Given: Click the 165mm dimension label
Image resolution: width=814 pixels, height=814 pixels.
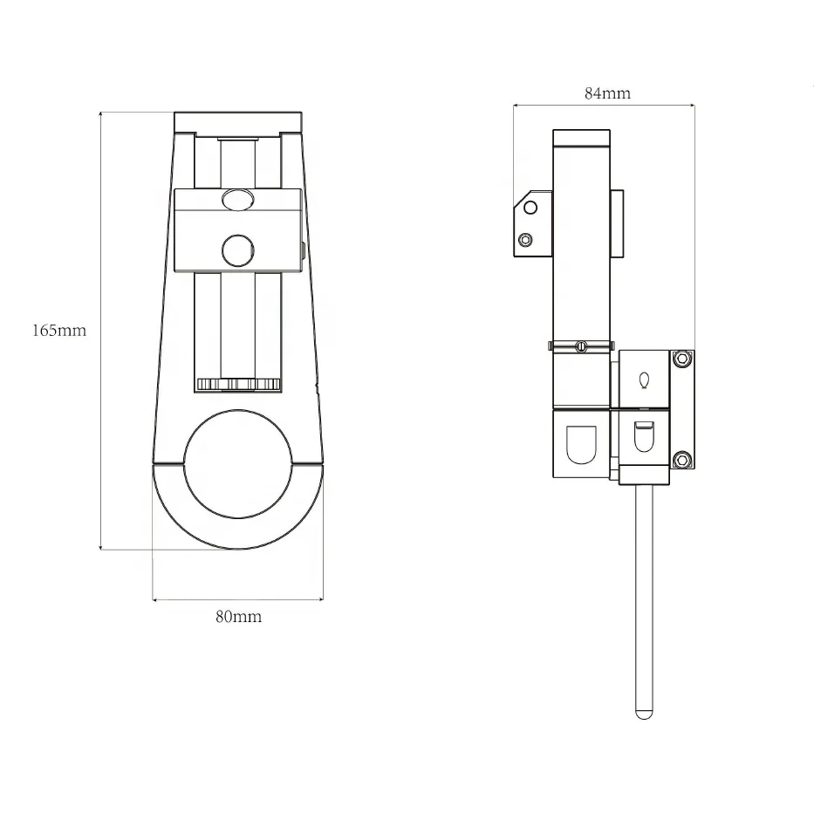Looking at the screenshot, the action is [x=59, y=331].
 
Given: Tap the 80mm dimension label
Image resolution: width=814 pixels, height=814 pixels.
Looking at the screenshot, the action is [x=239, y=617].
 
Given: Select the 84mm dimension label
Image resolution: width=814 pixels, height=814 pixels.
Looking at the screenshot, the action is [x=608, y=93].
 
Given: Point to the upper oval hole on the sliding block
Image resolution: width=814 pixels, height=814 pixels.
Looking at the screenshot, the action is [x=238, y=199].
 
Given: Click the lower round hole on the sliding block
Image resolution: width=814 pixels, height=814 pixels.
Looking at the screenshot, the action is [x=238, y=250].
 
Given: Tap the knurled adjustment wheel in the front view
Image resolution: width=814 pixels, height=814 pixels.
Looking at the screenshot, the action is [x=239, y=385].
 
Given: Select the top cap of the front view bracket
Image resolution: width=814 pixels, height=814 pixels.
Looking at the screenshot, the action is [x=238, y=122].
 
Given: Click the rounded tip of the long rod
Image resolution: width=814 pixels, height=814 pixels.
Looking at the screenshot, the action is [x=644, y=715].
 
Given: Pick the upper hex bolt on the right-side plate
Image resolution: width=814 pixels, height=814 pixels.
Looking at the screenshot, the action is [x=682, y=359].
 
